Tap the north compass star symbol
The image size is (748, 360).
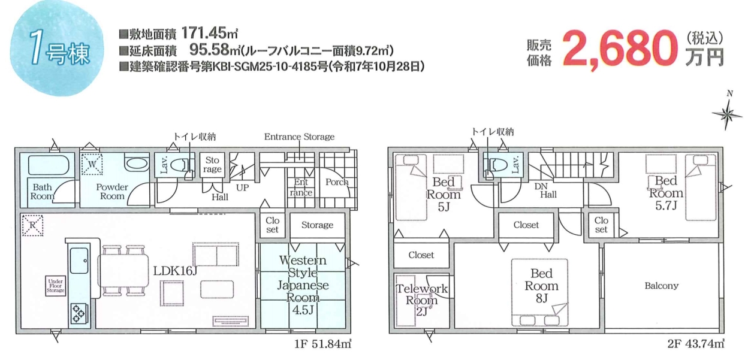click(x=726, y=114)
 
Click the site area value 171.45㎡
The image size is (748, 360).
click(x=210, y=33)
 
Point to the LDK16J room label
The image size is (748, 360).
click(x=175, y=271)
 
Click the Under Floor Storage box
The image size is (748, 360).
click(x=55, y=286)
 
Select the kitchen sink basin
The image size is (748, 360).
click(x=80, y=261)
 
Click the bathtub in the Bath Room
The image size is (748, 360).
click(x=49, y=165)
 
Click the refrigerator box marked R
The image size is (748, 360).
click(x=33, y=225)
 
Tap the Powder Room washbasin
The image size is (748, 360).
click(x=137, y=164)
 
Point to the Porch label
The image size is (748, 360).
click(x=337, y=182)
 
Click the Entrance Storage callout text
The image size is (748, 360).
click(x=299, y=137)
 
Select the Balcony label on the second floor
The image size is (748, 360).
click(x=662, y=286)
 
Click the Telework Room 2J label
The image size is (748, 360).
click(x=422, y=300)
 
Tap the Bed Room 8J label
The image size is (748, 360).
click(x=541, y=286)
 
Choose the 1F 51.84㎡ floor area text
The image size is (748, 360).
click(x=322, y=344)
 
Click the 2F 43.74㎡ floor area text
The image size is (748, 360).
click(x=696, y=344)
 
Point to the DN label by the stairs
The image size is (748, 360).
click(x=541, y=186)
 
